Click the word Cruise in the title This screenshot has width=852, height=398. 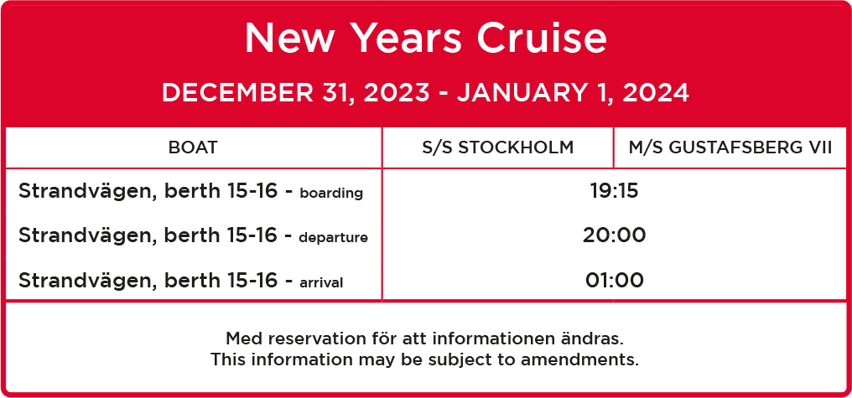542,38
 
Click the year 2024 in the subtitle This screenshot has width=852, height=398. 656,93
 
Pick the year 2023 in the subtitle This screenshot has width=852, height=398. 396,93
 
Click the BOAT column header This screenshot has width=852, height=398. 193,147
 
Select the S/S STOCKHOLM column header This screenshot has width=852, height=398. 498,147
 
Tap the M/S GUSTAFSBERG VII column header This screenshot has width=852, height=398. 730,147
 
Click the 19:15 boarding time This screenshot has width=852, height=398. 614,191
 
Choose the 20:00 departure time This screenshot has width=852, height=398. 614,235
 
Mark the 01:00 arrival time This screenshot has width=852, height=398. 614,281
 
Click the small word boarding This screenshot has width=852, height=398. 331,194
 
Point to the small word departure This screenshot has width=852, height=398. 333,238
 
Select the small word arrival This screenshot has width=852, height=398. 321,282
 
